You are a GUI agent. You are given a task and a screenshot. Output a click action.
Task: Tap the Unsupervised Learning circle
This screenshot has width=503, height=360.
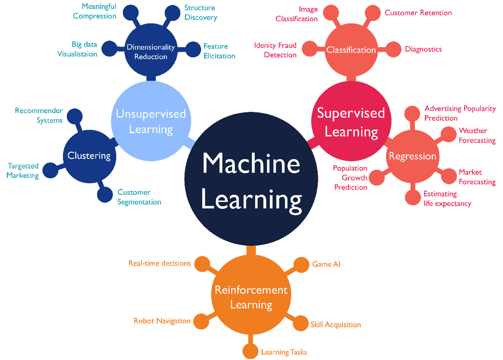(x=151, y=121)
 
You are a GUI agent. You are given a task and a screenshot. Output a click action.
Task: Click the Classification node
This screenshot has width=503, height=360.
(x=351, y=50)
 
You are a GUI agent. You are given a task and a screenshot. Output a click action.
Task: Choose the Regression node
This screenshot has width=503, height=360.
(x=412, y=156)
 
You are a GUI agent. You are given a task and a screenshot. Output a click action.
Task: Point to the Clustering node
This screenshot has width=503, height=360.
(x=89, y=156)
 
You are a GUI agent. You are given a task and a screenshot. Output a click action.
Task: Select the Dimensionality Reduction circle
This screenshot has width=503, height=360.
(x=151, y=52)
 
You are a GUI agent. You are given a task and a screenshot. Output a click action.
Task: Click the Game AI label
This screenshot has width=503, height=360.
(x=326, y=264)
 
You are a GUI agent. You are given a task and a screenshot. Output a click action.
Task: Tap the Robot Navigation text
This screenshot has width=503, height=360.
(x=162, y=320)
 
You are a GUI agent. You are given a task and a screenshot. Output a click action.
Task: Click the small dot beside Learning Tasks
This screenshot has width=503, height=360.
(x=250, y=351)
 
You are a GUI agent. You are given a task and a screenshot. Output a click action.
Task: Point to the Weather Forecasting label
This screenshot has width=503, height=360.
(x=476, y=136)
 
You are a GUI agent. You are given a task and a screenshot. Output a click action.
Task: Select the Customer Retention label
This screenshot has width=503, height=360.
(x=418, y=13)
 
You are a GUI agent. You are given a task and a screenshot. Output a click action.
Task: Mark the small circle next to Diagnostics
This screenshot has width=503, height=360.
(x=395, y=49)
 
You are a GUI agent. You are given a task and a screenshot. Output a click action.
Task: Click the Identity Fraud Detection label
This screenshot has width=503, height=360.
(x=275, y=50)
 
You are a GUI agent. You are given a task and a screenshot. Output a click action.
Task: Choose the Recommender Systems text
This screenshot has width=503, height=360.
(x=39, y=115)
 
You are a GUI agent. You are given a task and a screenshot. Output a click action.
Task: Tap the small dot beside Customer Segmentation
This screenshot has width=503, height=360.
(x=105, y=195)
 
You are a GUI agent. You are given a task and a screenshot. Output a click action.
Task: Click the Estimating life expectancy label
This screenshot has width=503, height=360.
(x=447, y=198)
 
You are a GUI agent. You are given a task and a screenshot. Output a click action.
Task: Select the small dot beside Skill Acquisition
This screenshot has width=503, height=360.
(x=300, y=323)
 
